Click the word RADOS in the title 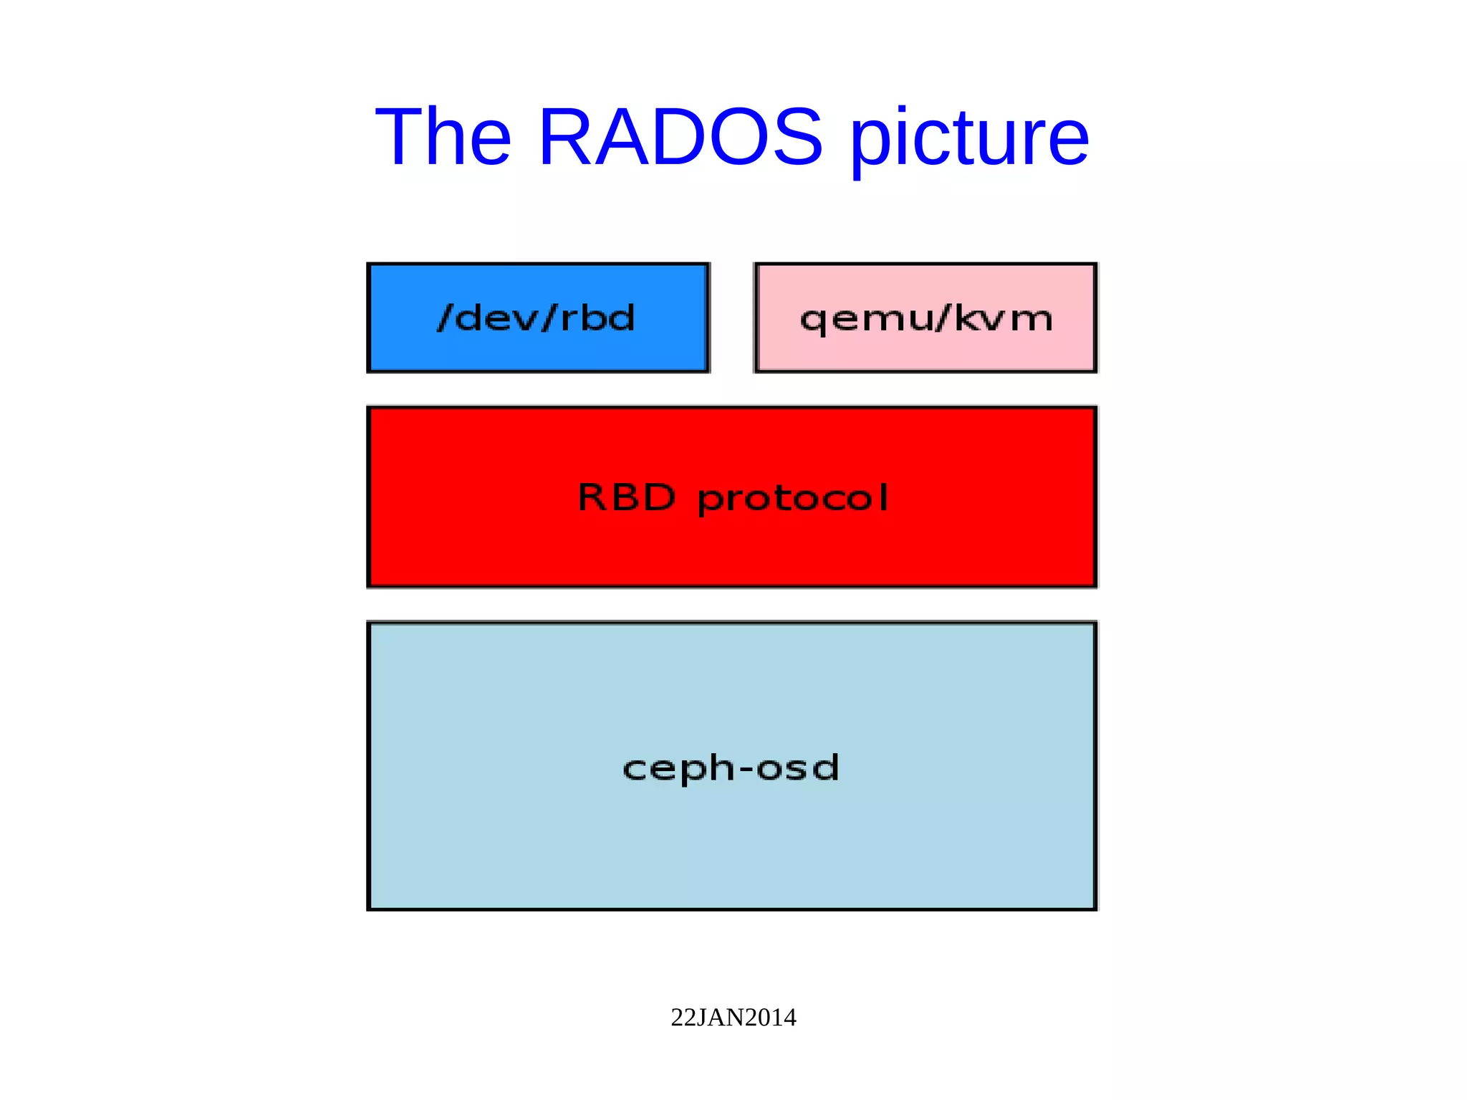tap(680, 136)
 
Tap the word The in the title tap(443, 136)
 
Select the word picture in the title tap(969, 140)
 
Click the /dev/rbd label tap(537, 317)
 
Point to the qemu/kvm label tap(926, 319)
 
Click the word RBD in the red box tap(627, 497)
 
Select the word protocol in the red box tap(793, 499)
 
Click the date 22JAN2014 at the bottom tap(733, 1018)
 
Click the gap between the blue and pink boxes tap(732, 317)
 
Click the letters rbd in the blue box tap(597, 317)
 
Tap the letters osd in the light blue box tap(797, 767)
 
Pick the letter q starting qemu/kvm tap(813, 320)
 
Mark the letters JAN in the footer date tap(721, 1018)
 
